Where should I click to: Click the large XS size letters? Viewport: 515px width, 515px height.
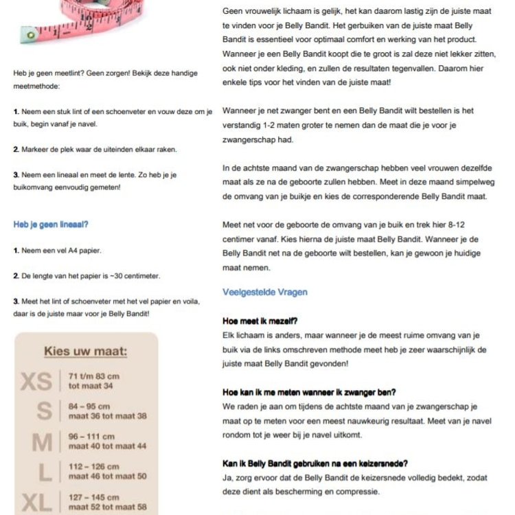coord(36,381)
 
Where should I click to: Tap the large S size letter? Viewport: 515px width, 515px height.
coord(44,411)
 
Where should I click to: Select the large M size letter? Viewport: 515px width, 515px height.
coord(42,442)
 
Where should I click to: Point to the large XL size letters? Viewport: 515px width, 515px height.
coord(36,502)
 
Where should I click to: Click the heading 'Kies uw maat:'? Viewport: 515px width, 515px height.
coord(85,352)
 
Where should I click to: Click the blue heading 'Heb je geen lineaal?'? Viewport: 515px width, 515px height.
coord(51,225)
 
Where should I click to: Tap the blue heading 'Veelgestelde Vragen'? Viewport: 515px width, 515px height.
coord(265,292)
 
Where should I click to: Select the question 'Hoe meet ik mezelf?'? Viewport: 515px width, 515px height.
coord(260,321)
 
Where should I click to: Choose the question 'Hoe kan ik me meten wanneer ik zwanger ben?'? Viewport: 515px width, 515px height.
coord(309,392)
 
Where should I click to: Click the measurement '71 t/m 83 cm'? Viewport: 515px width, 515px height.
coord(94,376)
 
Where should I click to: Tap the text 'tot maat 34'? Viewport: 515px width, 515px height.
coord(91,385)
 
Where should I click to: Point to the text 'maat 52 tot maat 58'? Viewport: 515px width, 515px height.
coord(108,507)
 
